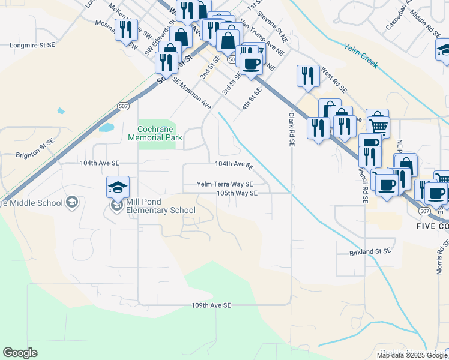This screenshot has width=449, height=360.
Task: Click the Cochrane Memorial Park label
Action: point(155,133)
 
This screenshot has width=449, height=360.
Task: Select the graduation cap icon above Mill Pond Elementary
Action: point(118,188)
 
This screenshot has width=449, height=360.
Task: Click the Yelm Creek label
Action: point(361,55)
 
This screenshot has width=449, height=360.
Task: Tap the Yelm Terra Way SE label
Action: point(225,185)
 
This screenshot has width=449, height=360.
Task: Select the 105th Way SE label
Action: point(237,193)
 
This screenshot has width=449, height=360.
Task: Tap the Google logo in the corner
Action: point(20,353)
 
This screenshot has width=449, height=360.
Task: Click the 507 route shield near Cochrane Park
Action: point(123,106)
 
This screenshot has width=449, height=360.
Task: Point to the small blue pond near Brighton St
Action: point(106,127)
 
